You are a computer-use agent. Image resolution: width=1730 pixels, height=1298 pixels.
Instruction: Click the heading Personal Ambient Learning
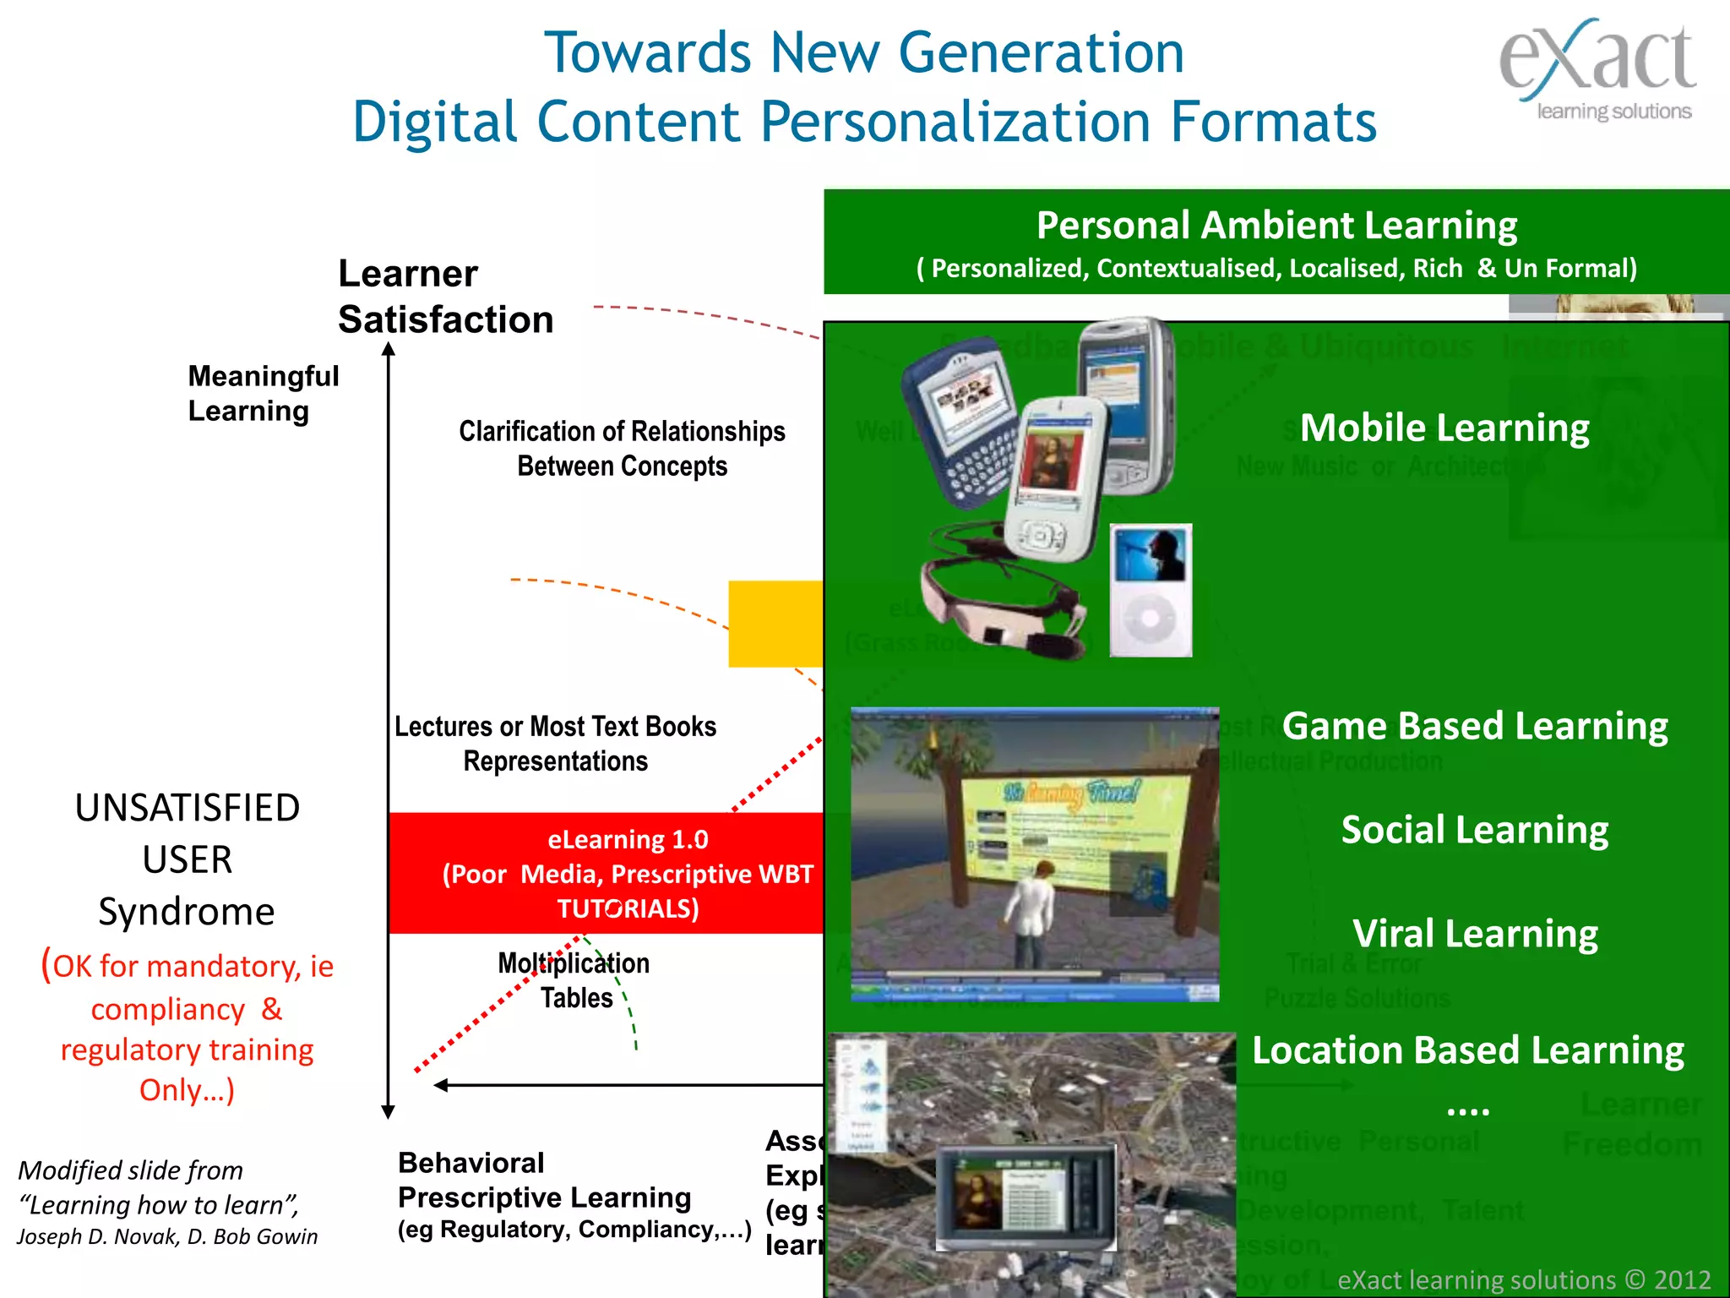(x=1276, y=226)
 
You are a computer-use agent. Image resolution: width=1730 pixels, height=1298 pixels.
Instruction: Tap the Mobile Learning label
(x=1444, y=428)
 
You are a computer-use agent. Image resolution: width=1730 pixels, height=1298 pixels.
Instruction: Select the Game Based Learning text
(x=1475, y=726)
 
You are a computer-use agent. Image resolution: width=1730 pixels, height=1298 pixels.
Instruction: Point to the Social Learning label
(x=1475, y=830)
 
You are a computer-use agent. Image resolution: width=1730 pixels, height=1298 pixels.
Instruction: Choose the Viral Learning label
(x=1475, y=934)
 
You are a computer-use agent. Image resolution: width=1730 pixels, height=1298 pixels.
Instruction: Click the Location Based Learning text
(x=1468, y=1050)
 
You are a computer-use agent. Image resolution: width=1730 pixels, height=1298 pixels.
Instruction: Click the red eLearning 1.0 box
(x=606, y=873)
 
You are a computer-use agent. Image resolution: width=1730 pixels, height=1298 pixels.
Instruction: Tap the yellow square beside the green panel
(x=775, y=624)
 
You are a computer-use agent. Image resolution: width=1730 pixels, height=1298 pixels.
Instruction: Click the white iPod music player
(x=1150, y=590)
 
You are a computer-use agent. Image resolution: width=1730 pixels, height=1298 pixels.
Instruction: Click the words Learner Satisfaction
(x=445, y=297)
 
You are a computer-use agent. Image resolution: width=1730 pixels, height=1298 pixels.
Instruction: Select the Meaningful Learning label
(x=263, y=393)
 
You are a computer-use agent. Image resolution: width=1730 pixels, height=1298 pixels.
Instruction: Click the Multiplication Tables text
(x=574, y=980)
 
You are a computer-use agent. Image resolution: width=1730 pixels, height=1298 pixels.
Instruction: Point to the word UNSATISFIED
(x=187, y=808)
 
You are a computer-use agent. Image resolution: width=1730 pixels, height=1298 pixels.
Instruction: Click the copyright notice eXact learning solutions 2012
(x=1524, y=1279)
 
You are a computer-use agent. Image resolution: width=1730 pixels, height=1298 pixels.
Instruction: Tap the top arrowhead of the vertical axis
(x=389, y=348)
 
